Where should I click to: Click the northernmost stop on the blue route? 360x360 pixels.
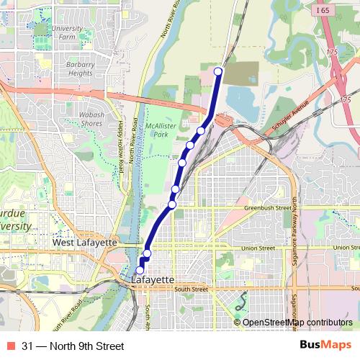coord(218,71)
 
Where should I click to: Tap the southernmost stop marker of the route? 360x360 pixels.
coord(140,271)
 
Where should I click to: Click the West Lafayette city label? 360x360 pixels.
coord(84,243)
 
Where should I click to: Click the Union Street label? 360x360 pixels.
coord(258,248)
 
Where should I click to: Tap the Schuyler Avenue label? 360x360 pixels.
coord(290,114)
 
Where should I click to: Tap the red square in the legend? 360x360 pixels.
coord(11,346)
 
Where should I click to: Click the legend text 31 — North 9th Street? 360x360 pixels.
coord(73,346)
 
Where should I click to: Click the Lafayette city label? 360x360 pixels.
coord(153,279)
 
